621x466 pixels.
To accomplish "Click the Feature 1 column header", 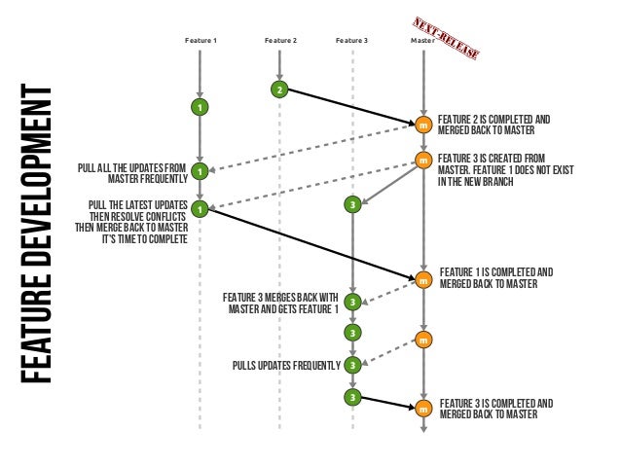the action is [201, 41].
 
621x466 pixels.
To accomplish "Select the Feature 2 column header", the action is [280, 41].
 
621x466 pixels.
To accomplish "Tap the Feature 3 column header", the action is [351, 41].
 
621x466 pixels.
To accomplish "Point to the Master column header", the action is [422, 41].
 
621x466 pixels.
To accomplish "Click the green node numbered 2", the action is [279, 90].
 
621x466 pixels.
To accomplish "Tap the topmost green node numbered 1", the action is [200, 105].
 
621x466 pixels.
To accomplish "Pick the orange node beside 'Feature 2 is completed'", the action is [422, 125].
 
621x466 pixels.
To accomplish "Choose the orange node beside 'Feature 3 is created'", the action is [422, 160].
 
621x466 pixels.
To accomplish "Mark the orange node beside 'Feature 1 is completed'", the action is [422, 279].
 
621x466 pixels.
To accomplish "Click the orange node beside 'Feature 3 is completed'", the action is [422, 409].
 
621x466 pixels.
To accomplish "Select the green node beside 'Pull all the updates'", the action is [200, 172].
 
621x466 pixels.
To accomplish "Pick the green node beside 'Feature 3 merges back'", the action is [352, 303].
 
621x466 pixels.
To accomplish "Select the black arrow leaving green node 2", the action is [350, 107].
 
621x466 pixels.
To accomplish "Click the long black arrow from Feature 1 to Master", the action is [311, 244].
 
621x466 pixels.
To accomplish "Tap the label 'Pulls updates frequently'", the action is [286, 366].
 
